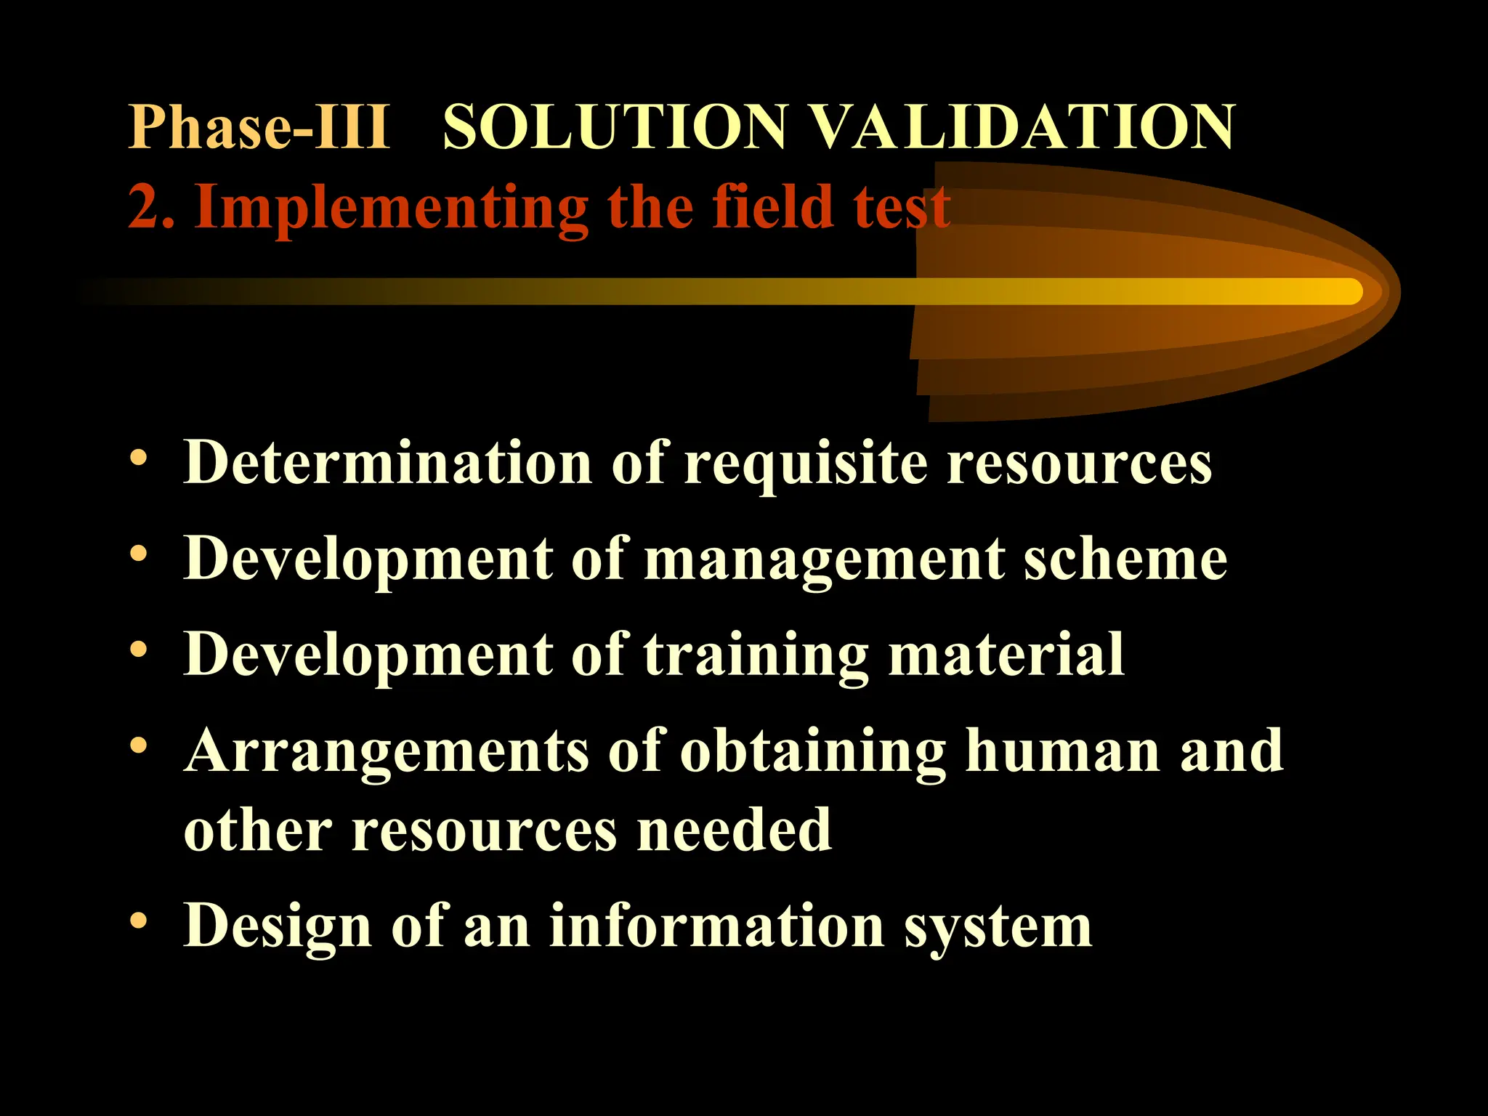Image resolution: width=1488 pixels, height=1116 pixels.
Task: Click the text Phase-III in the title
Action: click(259, 128)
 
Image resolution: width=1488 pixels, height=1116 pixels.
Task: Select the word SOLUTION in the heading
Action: click(615, 128)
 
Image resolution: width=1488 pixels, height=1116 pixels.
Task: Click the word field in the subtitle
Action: click(771, 207)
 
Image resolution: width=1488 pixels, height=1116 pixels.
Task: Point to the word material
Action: click(1006, 654)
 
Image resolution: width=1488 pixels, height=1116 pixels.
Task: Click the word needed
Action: click(734, 830)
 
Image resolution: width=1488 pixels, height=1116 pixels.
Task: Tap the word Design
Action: click(278, 927)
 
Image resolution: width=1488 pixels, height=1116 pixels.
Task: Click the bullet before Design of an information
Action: click(138, 921)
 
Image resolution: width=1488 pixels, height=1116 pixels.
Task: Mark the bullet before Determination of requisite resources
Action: click(138, 458)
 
